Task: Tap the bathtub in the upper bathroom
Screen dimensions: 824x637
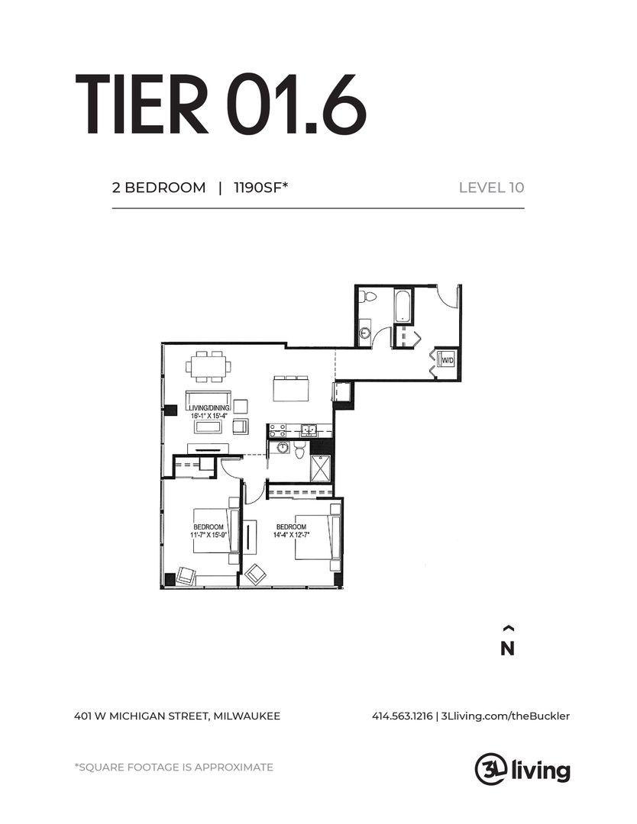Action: (x=403, y=305)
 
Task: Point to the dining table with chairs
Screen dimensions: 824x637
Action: (x=209, y=367)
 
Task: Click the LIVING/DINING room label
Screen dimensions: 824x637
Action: (x=208, y=409)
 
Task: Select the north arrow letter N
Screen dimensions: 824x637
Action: (x=507, y=649)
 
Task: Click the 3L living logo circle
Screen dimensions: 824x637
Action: (x=489, y=768)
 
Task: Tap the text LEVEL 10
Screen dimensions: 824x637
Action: (x=491, y=188)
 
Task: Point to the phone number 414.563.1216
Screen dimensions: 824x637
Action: (x=403, y=716)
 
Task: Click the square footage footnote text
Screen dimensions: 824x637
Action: (x=173, y=768)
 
